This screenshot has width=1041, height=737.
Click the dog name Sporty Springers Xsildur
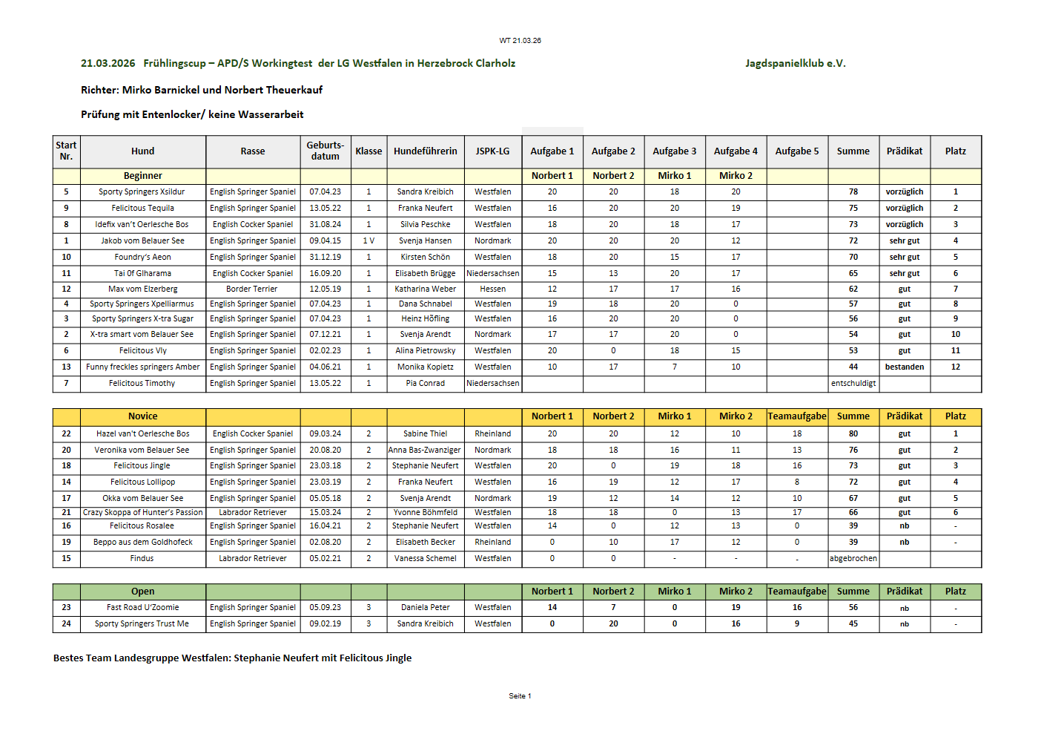pos(142,191)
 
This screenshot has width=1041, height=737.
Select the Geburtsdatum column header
pos(325,151)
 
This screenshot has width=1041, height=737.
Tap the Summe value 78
pos(853,191)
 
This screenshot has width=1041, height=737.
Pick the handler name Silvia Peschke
pos(425,224)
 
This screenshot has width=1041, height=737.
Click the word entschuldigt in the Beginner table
pos(853,383)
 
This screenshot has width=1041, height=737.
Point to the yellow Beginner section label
pos(142,176)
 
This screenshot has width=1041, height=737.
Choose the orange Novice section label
pos(142,416)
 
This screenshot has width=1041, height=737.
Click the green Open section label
pos(142,592)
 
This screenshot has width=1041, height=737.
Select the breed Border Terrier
pos(252,289)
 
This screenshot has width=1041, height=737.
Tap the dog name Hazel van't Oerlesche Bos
pos(142,433)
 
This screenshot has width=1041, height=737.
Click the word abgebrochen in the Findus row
pos(853,558)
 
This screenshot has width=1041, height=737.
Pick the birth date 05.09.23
pos(325,607)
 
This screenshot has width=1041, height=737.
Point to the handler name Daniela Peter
pos(425,607)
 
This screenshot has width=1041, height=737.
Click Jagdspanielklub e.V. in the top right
pos(795,63)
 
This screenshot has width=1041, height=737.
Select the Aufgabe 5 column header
pos(797,151)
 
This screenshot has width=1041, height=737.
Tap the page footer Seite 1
pos(520,696)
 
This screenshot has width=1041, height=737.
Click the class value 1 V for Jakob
pos(369,240)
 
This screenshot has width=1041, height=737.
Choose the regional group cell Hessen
pos(492,289)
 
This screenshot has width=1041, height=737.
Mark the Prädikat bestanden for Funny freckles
pos(904,367)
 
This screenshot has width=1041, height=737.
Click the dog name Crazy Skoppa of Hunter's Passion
pos(142,512)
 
